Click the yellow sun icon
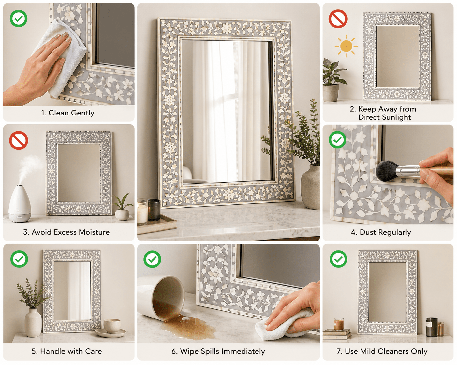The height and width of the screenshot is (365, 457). coord(346,46)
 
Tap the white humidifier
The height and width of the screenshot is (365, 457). coord(20,204)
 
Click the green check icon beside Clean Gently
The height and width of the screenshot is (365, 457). coord(19,19)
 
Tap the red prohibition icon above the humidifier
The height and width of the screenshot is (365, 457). coord(19,140)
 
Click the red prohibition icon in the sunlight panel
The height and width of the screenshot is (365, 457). coord(338,19)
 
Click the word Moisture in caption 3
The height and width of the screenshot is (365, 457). coord(94,232)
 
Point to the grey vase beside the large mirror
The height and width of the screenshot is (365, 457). coord(310,186)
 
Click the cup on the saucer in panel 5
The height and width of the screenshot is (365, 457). coord(112,326)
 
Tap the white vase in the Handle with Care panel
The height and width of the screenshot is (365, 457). coord(33,322)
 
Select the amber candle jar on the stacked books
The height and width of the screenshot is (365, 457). coord(338,324)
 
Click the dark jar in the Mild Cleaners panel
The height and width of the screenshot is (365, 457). coord(432,327)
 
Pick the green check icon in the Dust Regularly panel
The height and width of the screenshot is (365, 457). coord(337,140)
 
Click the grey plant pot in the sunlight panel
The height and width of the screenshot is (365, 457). coord(331,93)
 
